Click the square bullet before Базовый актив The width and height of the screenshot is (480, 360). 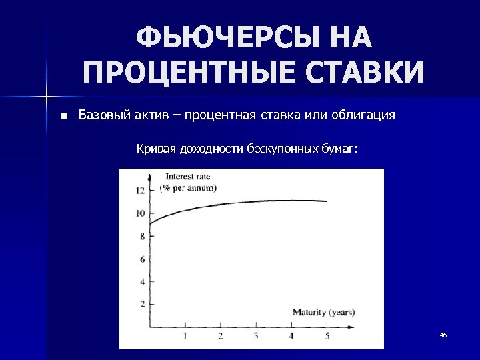63,115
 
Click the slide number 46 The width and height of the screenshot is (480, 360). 443,335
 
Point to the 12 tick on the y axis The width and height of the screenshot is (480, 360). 139,191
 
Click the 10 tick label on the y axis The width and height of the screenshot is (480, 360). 139,213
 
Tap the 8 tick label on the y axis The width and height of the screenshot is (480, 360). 141,236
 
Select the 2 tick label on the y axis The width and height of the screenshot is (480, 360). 141,304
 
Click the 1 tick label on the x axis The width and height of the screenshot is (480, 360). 185,336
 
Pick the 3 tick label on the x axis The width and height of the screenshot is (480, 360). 255,336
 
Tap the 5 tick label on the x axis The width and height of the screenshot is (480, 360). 327,336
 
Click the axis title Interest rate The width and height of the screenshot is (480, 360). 185,177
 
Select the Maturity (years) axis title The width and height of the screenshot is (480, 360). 323,312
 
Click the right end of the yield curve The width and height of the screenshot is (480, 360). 327,201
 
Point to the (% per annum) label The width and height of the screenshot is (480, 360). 188,187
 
